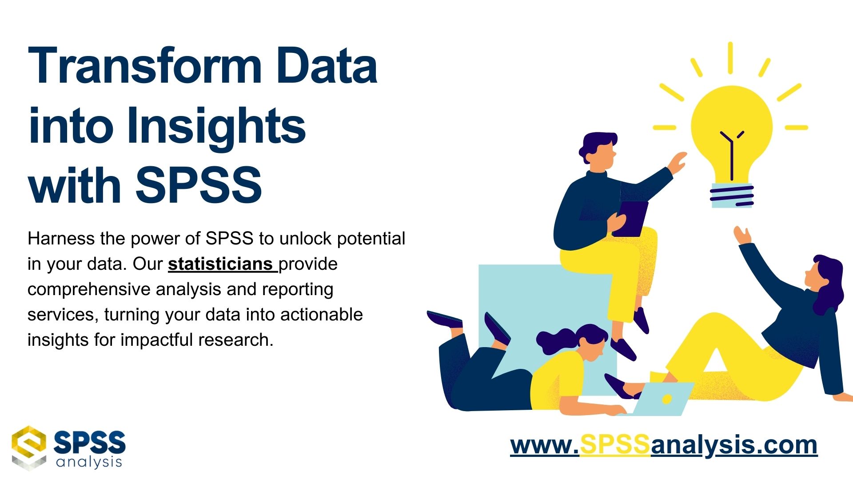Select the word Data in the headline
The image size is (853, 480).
[x=327, y=67]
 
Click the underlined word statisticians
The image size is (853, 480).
[x=220, y=264]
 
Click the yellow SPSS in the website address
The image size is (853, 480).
[x=615, y=444]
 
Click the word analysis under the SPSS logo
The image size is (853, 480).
[x=89, y=462]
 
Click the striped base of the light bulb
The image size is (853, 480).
[x=732, y=196]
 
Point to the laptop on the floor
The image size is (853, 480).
[x=662, y=399]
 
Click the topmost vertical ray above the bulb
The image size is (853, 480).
[x=730, y=58]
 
